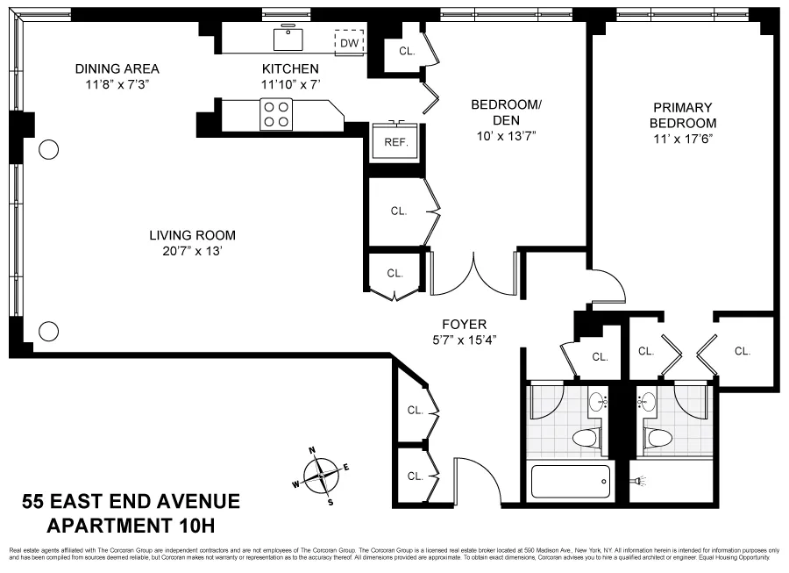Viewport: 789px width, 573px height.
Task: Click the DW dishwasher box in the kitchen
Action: (349, 42)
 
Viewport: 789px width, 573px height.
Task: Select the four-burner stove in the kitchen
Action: (277, 114)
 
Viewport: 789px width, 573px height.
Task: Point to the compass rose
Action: (323, 475)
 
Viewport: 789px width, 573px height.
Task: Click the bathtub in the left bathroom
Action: (571, 482)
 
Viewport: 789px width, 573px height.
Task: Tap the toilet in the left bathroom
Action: (585, 437)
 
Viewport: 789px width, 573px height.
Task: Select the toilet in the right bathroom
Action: (657, 437)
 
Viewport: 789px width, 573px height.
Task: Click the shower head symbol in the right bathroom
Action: (640, 481)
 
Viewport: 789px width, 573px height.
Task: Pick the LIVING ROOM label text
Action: (192, 235)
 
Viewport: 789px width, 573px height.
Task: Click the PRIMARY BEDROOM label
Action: (684, 115)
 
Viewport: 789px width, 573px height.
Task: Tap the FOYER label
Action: (465, 324)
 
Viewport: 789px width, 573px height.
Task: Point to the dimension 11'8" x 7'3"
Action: (117, 86)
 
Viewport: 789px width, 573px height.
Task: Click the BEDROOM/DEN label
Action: (507, 112)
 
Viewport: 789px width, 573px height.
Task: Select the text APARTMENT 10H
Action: (130, 526)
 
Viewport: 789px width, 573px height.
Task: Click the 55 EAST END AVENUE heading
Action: (131, 502)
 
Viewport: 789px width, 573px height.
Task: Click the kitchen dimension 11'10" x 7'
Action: (290, 85)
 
